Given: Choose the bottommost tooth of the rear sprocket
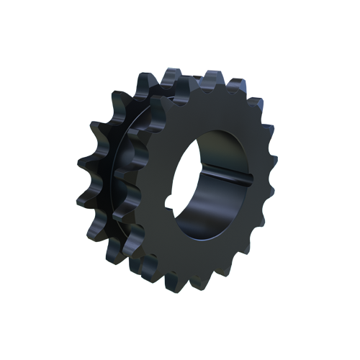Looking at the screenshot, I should click(115, 256).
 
